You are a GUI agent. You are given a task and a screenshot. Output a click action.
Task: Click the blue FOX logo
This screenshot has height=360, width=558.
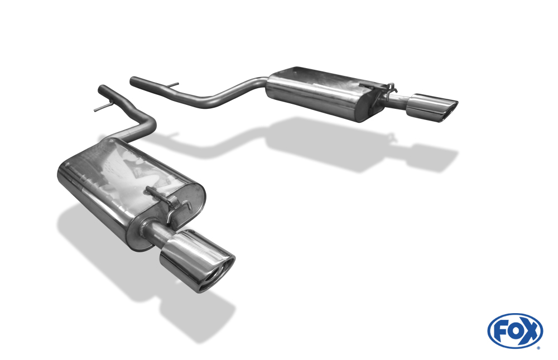(x=515, y=331)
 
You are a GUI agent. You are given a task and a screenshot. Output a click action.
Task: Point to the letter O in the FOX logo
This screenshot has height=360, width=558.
(x=514, y=332)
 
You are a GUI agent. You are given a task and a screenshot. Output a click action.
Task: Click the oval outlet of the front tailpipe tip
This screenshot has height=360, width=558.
(x=217, y=275)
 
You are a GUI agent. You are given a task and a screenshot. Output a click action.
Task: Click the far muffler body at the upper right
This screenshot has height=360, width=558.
(x=326, y=93)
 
